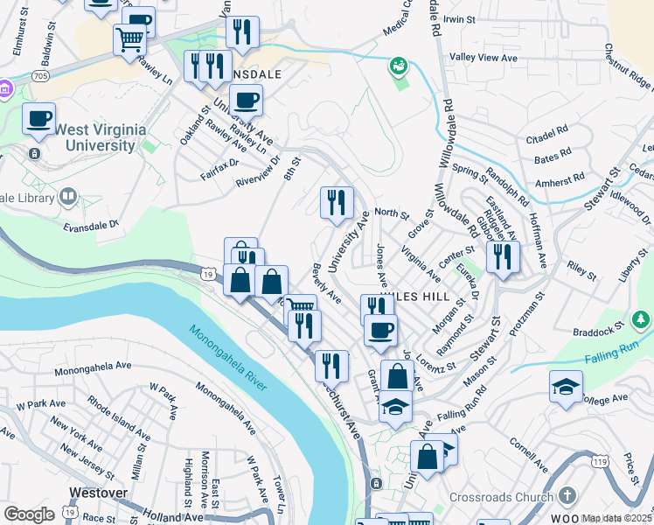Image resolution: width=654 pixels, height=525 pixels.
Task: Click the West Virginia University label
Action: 100,137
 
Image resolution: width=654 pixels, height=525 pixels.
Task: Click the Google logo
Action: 29,514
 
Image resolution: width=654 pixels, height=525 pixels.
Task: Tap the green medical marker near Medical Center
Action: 398,66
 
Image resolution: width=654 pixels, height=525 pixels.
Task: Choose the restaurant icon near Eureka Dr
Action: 503,256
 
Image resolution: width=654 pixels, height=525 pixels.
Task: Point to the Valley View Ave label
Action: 484,58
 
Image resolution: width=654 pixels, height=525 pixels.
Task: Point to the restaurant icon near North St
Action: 337,202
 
